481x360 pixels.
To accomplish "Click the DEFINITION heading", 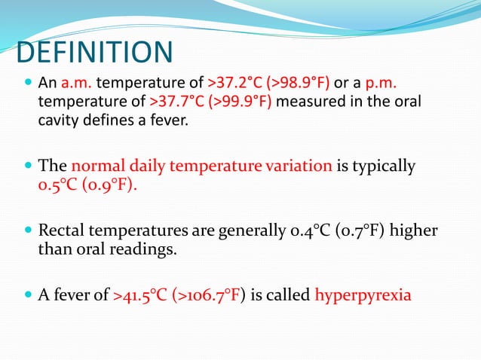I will click(93, 53).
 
